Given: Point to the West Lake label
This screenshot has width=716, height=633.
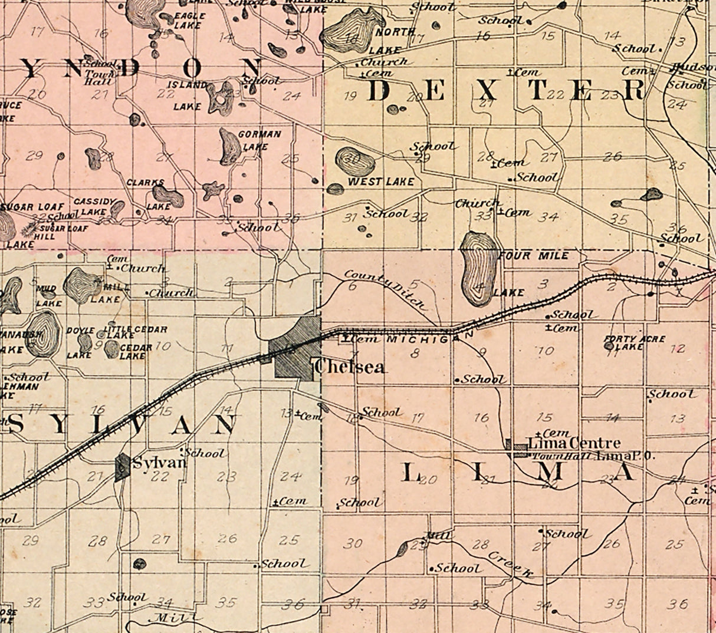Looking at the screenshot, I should coord(380,182).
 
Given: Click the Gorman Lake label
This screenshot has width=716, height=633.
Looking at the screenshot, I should coord(259,140).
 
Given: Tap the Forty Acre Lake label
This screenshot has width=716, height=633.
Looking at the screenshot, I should coord(635,343).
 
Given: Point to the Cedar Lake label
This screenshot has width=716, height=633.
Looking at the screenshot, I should coord(132,351).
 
